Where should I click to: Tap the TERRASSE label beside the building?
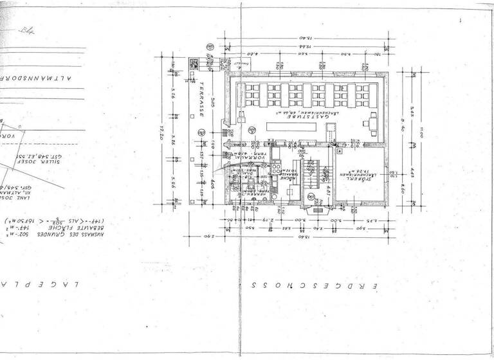201,100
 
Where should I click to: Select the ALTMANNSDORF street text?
39,75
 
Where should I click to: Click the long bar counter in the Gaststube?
293,126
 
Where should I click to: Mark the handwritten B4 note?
26,30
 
